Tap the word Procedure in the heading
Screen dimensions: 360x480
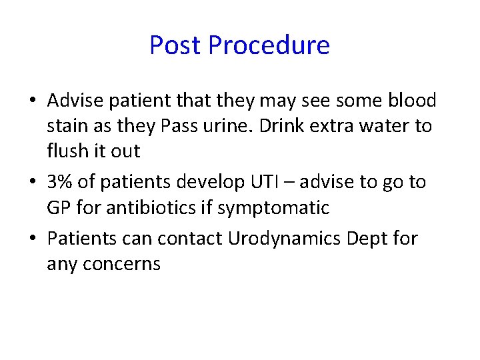tap(269, 45)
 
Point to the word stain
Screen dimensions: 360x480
tap(68, 126)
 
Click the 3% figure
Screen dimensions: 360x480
tap(59, 182)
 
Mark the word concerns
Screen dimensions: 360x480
tap(123, 264)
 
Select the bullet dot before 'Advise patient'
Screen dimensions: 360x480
tap(33, 101)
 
